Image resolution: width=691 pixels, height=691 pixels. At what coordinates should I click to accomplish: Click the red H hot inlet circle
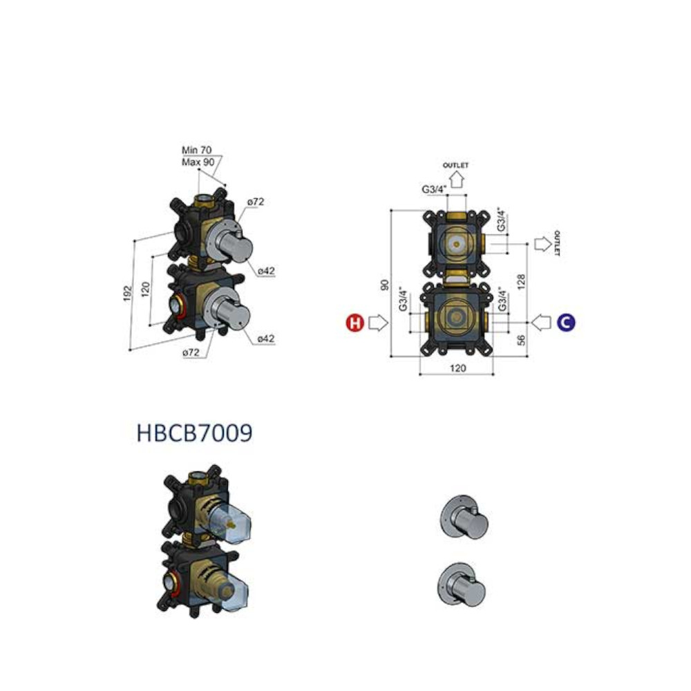pyautogui.click(x=354, y=323)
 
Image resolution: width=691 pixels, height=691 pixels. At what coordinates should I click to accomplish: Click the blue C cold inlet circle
pyautogui.click(x=566, y=323)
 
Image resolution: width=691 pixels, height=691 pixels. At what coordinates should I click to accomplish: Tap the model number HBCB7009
pyautogui.click(x=194, y=433)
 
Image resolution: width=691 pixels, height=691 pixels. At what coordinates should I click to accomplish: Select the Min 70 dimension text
pyautogui.click(x=196, y=150)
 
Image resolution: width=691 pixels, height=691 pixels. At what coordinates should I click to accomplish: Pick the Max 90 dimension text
pyautogui.click(x=198, y=162)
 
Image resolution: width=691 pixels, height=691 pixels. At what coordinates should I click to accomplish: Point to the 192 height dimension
pyautogui.click(x=127, y=294)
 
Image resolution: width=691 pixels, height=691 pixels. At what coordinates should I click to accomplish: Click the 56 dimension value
pyautogui.click(x=521, y=340)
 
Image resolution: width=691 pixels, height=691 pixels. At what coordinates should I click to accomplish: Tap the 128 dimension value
pyautogui.click(x=521, y=282)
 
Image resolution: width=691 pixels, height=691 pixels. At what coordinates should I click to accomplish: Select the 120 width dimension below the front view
pyautogui.click(x=457, y=368)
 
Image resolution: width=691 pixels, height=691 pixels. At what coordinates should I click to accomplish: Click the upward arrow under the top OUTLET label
pyautogui.click(x=457, y=180)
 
